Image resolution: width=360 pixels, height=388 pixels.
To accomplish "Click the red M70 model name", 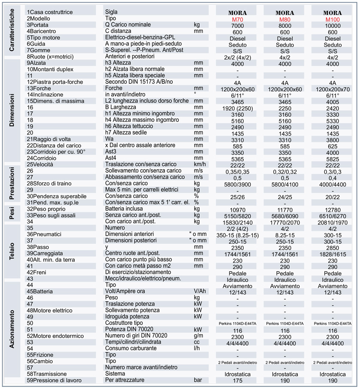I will (x=237, y=20).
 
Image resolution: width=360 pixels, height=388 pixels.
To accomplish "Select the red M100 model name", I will (x=333, y=20).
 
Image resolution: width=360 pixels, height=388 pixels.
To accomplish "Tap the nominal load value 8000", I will (x=285, y=26).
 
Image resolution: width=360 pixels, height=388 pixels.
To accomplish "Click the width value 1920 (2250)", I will (x=237, y=108).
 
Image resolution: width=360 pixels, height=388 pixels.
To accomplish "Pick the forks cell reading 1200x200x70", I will (x=333, y=89).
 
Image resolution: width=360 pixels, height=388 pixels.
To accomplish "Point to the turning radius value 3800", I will (x=333, y=140).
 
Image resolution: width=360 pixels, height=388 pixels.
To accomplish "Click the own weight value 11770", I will (x=285, y=209).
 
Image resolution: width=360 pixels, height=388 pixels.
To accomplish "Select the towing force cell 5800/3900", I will (x=237, y=184).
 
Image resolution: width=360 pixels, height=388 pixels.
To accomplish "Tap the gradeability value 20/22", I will (x=333, y=197).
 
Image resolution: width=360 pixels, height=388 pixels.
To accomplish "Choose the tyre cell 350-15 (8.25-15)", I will (x=237, y=235).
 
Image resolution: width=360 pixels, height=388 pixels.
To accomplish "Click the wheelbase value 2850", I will (x=333, y=248).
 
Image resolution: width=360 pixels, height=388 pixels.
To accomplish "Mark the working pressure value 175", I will (x=237, y=381).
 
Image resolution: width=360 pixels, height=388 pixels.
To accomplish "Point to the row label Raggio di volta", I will (x=48, y=139).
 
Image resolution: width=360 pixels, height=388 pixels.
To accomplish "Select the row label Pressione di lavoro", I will (x=55, y=380).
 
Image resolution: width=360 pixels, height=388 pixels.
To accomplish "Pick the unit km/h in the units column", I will (x=200, y=164).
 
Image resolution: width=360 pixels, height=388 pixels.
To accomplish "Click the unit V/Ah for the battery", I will (x=200, y=291).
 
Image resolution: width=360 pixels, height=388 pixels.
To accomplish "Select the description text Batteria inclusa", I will (x=127, y=209).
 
